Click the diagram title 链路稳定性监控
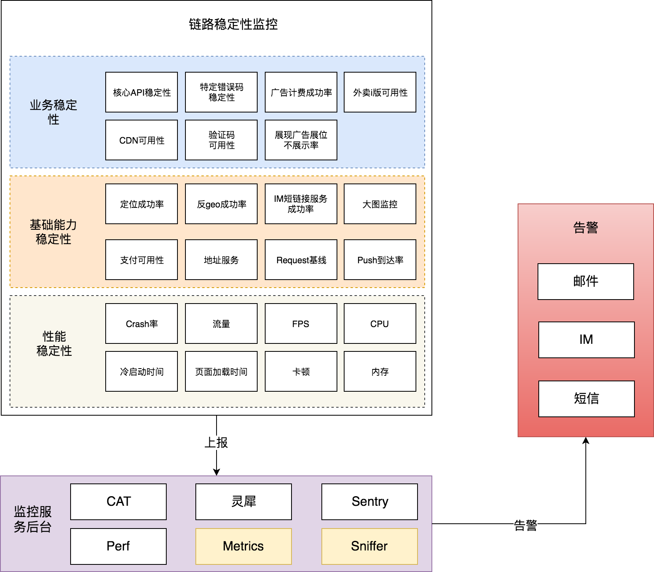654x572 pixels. click(233, 24)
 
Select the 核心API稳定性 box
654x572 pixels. click(142, 92)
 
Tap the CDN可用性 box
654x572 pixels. click(142, 140)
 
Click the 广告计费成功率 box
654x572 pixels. click(301, 92)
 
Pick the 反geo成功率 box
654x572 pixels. click(221, 204)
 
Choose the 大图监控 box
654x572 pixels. click(380, 204)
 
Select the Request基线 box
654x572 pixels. click(301, 260)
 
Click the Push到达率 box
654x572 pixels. click(380, 260)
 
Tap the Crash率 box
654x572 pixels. click(142, 323)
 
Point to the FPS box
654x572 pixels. click(301, 323)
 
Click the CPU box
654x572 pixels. click(380, 323)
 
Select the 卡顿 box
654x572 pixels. click(301, 371)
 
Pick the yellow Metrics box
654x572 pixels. click(244, 546)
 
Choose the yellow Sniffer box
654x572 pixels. click(370, 546)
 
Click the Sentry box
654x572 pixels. click(370, 501)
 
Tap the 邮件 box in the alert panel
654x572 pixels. click(586, 281)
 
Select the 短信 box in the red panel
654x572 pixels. click(587, 398)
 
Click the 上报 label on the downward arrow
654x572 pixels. click(216, 442)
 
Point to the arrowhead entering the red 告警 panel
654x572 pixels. click(586, 440)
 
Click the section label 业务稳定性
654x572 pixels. click(53, 112)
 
